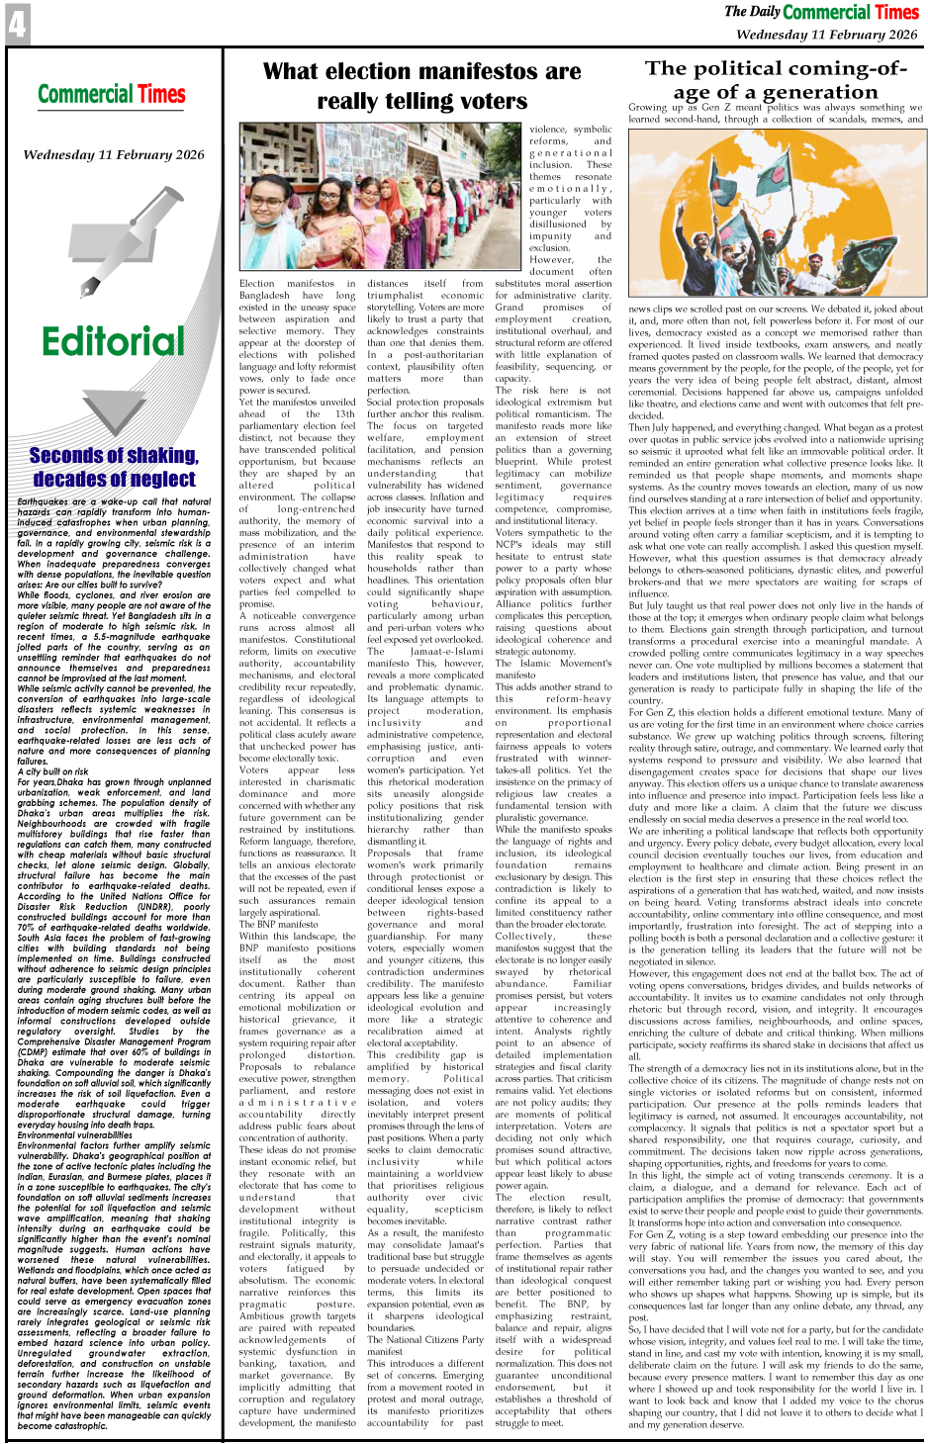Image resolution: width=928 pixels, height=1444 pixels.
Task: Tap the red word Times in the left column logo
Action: pos(161,95)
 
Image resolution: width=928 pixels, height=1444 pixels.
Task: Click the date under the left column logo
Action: pos(114,155)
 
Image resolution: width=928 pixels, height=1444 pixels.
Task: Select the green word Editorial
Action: pos(113,342)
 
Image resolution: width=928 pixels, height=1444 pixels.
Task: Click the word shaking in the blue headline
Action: pos(156,455)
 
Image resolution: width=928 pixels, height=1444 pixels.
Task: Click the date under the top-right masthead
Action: pos(826,34)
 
